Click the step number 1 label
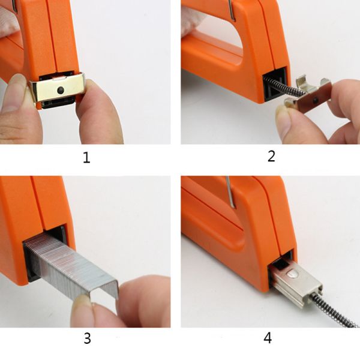pos(86,158)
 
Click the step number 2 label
pos(271,156)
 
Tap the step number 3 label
pos(87,338)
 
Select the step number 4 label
pos(268,338)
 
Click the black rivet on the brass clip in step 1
pos(61,89)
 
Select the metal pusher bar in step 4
pos(296,284)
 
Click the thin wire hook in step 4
pos(230,193)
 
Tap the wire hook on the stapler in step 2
pos(232,10)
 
